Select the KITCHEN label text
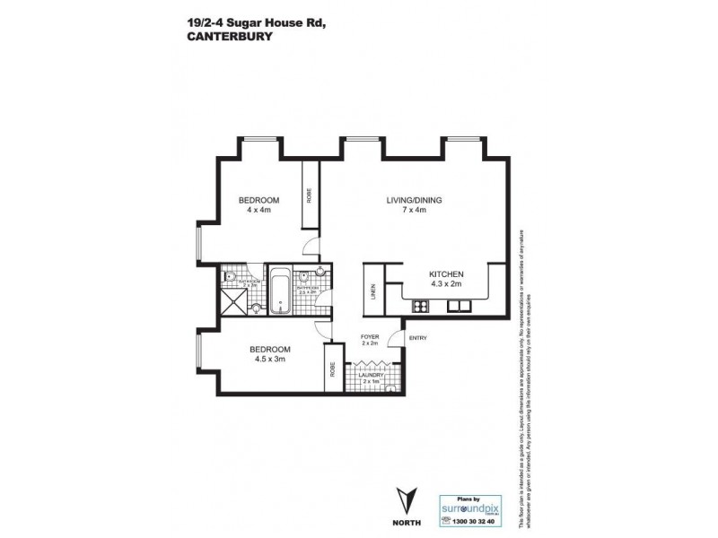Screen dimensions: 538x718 [x=445, y=273]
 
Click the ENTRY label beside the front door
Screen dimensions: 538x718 [x=416, y=338]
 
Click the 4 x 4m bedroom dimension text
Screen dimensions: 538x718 [x=258, y=210]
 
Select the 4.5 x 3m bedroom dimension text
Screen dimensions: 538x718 [x=269, y=360]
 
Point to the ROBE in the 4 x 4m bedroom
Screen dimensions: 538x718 [x=310, y=195]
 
